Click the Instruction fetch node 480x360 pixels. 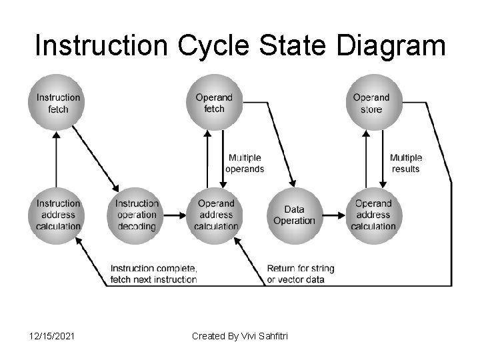tap(57, 103)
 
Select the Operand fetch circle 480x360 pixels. tap(214, 103)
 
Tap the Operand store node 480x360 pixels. tap(371, 103)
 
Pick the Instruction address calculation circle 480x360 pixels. tap(57, 215)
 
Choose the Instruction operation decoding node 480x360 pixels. tap(136, 215)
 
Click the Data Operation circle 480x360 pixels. tap(294, 215)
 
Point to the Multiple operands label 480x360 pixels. tap(245, 163)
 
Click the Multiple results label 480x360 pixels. tap(405, 163)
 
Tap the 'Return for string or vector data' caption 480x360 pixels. tap(300, 274)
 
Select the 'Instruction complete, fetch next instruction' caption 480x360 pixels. tap(154, 274)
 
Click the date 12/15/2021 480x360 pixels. tap(52, 336)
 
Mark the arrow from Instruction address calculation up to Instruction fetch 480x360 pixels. tap(57, 160)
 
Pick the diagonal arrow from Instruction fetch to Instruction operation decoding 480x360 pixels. tap(95, 159)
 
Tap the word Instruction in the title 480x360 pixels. tap(103, 47)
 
